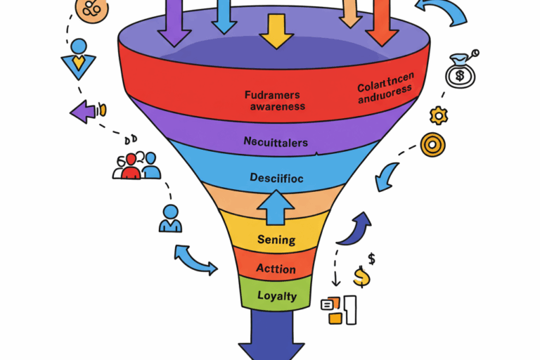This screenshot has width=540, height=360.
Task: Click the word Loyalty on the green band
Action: [x=276, y=296]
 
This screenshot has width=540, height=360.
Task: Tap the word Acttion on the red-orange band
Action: [x=276, y=269]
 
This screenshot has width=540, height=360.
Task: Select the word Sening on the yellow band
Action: [x=276, y=240]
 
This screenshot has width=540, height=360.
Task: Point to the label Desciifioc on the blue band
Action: [x=276, y=178]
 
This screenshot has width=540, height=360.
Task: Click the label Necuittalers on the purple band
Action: [x=276, y=142]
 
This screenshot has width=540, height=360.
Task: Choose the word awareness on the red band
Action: [x=277, y=106]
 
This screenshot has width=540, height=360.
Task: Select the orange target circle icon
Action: [x=432, y=144]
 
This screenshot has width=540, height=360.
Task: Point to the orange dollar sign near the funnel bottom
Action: [x=361, y=276]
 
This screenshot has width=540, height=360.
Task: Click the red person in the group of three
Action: [x=131, y=167]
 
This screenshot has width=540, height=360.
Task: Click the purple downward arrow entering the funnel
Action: [x=174, y=21]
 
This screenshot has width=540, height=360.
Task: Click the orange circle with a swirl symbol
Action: [x=91, y=9]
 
